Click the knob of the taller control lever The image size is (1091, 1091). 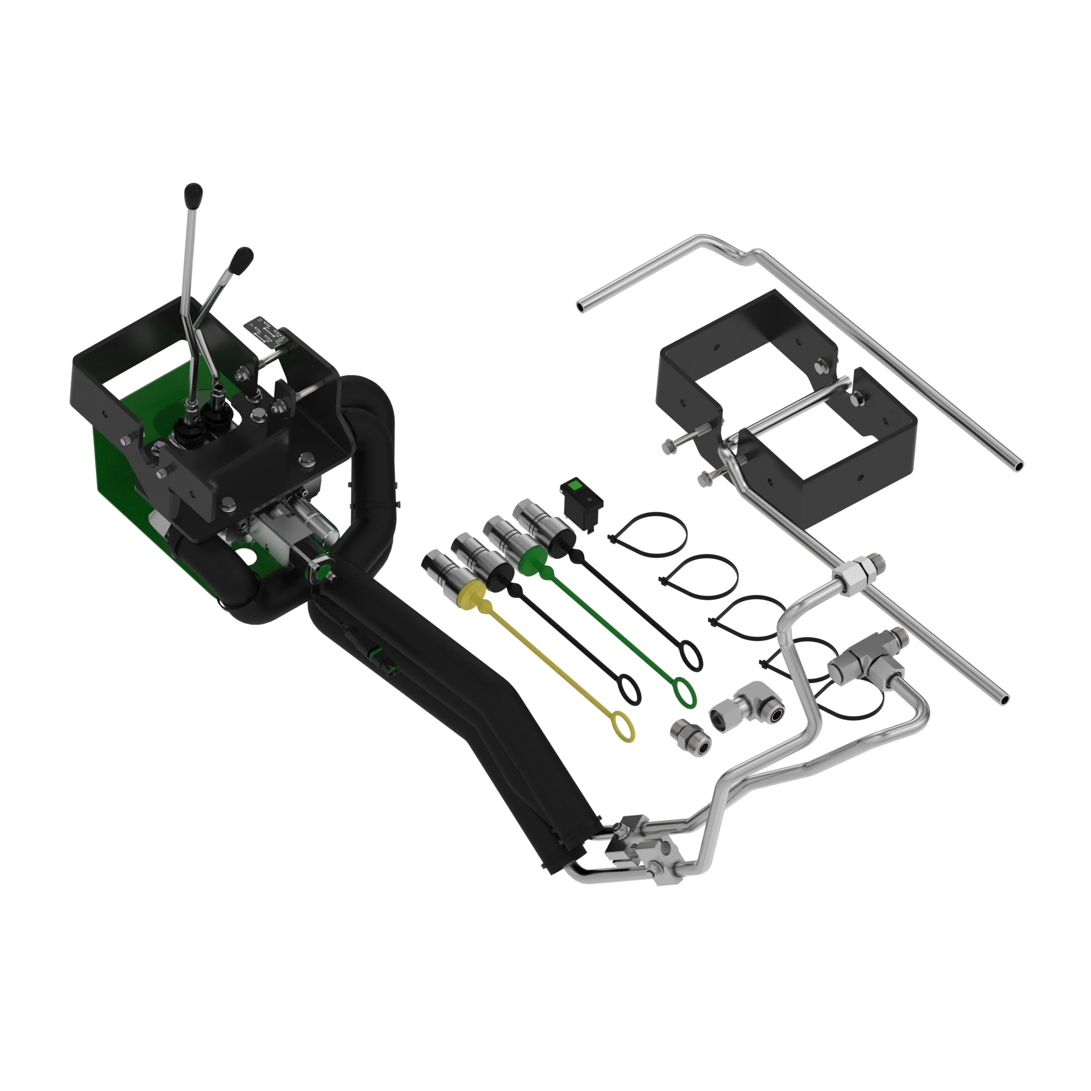click(x=194, y=195)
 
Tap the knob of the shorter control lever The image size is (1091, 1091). click(x=243, y=260)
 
